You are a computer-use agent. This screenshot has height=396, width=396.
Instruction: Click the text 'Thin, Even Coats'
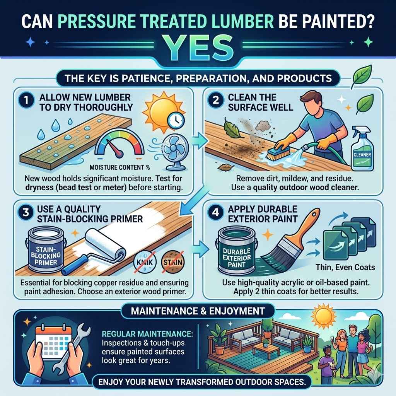341,267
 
